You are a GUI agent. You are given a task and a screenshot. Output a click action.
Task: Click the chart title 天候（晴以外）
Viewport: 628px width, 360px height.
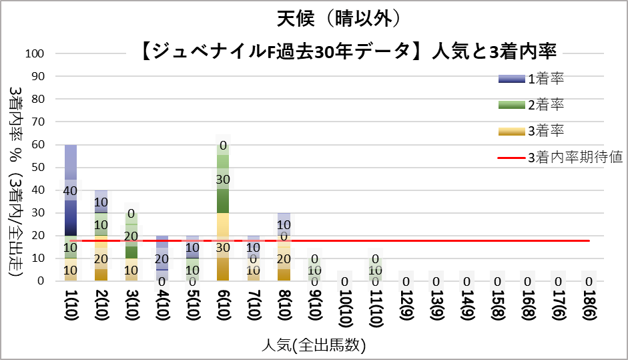[x=339, y=17]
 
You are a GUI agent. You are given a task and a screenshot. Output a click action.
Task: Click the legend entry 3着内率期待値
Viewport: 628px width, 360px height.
[x=575, y=157]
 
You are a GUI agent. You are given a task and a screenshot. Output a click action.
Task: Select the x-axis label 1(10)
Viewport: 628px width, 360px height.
[x=70, y=311]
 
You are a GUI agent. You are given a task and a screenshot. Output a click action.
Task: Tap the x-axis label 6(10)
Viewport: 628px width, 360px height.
[x=223, y=311]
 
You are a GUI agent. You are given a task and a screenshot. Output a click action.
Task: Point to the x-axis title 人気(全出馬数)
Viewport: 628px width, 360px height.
[x=314, y=345]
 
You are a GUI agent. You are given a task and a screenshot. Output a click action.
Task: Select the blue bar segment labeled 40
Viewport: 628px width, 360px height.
[x=70, y=190]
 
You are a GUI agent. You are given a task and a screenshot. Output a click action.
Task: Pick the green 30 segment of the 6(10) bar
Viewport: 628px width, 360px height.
[x=223, y=180]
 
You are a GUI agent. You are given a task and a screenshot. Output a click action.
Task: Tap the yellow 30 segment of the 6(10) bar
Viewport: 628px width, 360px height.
[x=223, y=247]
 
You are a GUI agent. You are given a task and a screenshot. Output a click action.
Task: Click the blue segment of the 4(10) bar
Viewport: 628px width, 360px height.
[x=162, y=258]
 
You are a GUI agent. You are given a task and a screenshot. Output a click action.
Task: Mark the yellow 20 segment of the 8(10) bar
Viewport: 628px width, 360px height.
[x=284, y=258]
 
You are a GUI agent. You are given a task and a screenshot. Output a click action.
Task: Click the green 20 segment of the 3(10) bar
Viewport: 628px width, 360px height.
[x=131, y=236]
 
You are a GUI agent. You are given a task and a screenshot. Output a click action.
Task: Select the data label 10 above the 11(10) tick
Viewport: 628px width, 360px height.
[x=375, y=270]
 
